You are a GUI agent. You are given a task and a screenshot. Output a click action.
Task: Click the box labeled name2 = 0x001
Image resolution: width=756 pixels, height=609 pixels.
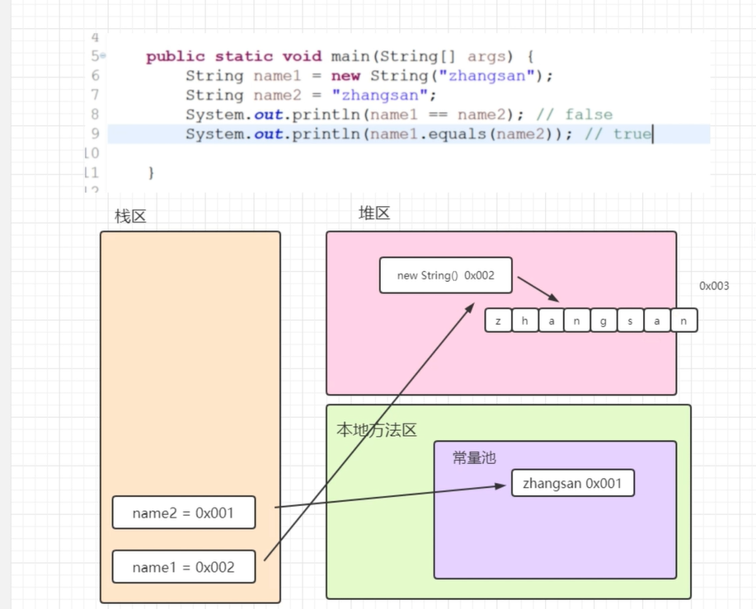184,513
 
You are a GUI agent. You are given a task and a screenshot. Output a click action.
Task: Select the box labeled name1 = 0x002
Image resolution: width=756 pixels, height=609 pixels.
184,567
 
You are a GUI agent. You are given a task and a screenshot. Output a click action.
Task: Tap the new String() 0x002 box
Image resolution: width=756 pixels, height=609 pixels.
446,275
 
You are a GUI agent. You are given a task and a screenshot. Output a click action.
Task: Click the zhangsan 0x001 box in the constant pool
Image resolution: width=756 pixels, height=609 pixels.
573,484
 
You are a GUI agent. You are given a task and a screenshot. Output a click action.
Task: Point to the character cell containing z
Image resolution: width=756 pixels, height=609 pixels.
498,321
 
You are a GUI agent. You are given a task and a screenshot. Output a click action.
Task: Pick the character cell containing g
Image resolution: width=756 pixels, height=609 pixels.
603,321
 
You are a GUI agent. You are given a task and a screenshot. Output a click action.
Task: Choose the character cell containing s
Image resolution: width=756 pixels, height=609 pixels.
630,321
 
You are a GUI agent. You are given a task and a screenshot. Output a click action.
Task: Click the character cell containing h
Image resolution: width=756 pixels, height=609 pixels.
524,321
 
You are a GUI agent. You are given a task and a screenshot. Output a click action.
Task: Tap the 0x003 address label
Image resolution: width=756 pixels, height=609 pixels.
714,286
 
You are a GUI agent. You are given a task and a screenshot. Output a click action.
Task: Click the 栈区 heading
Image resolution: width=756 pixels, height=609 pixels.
130,216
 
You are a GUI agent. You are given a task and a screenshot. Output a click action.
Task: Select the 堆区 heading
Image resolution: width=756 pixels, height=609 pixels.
374,213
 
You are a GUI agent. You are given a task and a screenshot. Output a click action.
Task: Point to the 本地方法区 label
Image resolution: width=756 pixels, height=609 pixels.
377,429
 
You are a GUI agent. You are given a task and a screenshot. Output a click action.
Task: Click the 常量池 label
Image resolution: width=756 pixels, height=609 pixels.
474,457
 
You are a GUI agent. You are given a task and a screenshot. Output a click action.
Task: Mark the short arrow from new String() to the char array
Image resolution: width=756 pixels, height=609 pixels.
538,289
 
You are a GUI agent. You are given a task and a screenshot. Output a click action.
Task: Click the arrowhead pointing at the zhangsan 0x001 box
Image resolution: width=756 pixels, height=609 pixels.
500,486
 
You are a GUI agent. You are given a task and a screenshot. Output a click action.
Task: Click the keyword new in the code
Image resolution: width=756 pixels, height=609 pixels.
345,76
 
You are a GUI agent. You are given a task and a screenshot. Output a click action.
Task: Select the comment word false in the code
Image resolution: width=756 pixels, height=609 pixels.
589,115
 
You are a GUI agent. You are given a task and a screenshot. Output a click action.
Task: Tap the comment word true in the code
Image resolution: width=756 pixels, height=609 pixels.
632,134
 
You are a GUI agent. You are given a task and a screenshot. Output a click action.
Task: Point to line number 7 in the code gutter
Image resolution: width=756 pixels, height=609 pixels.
95,95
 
